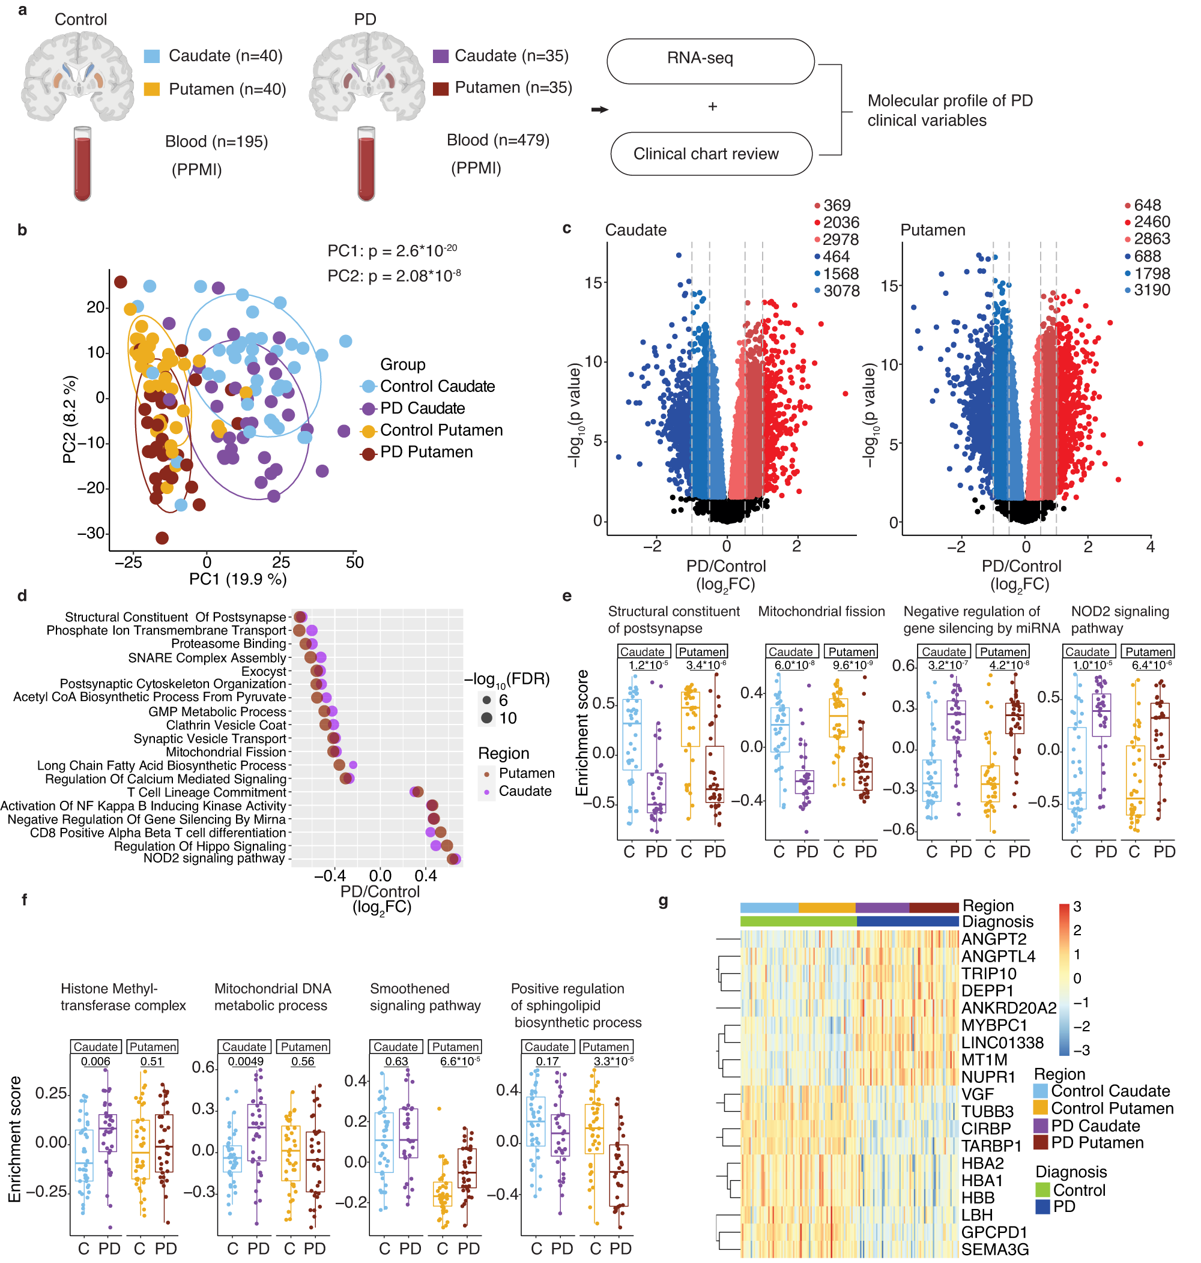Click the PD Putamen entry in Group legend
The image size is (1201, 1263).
tap(426, 453)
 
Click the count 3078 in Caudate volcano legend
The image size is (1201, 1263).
tap(841, 291)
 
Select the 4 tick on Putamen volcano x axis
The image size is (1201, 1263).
tap(1151, 547)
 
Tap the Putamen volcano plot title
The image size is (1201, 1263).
tap(933, 231)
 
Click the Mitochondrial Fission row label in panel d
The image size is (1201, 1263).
tap(226, 752)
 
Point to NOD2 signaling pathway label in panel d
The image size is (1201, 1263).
tap(214, 858)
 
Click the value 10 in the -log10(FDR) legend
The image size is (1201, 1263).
tap(507, 719)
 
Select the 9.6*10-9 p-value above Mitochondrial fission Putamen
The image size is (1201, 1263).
tap(852, 665)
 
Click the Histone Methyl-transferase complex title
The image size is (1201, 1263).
tap(123, 997)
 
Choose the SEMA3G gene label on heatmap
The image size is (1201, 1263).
tap(995, 1250)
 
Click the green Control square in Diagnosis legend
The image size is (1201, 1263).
tap(1042, 1190)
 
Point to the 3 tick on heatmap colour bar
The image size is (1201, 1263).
tap(1077, 907)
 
